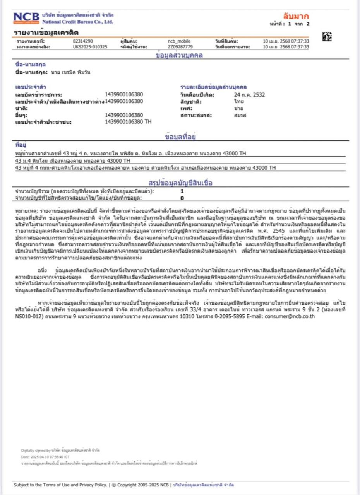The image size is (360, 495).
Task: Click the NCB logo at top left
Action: click(26, 17)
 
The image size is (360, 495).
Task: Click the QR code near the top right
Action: click(327, 37)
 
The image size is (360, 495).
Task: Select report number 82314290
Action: click(82, 41)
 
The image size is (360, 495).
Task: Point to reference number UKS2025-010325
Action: click(90, 47)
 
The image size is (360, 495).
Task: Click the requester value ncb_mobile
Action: click(179, 41)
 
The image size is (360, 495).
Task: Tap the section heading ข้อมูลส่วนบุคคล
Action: click(179, 55)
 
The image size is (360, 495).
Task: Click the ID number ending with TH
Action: click(128, 122)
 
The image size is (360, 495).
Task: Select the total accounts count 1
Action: click(182, 191)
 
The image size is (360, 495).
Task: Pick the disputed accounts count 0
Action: click(182, 198)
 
